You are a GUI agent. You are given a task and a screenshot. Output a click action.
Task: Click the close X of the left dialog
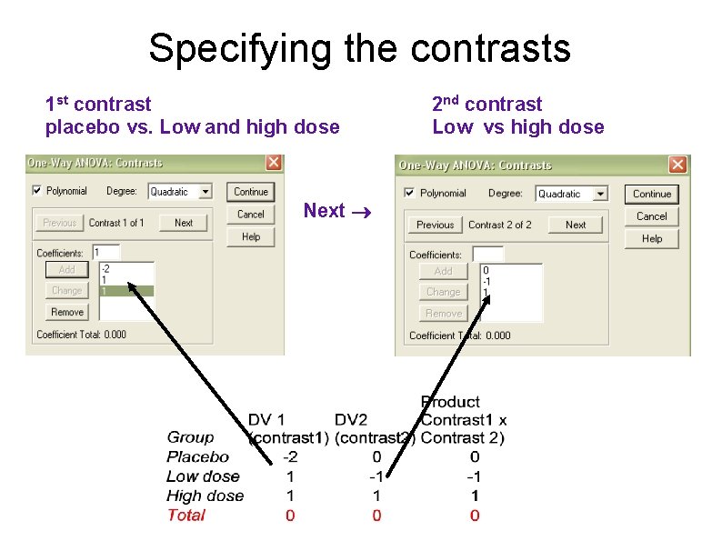[273, 163]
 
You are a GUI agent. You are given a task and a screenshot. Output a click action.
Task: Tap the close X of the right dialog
[677, 165]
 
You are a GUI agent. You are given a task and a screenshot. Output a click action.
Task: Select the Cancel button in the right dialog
[651, 216]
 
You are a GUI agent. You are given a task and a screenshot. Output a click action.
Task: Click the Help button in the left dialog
[250, 236]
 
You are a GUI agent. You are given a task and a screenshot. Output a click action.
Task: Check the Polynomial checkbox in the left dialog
[36, 191]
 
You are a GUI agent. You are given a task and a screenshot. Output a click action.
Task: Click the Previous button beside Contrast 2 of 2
[435, 225]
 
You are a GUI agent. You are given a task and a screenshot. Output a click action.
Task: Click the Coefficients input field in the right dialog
[487, 254]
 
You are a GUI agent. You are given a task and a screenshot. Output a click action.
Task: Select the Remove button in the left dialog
[67, 312]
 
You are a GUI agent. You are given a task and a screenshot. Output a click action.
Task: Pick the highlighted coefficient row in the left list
[126, 291]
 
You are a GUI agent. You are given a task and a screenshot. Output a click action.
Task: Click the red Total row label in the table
[186, 516]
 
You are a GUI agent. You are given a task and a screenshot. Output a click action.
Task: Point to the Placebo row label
[197, 457]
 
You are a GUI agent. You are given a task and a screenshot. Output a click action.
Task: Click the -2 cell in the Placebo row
[289, 457]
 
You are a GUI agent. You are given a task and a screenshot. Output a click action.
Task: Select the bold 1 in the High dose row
[475, 496]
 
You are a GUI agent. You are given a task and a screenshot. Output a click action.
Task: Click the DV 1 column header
[266, 419]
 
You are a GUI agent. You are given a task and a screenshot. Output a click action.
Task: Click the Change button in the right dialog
[443, 292]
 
